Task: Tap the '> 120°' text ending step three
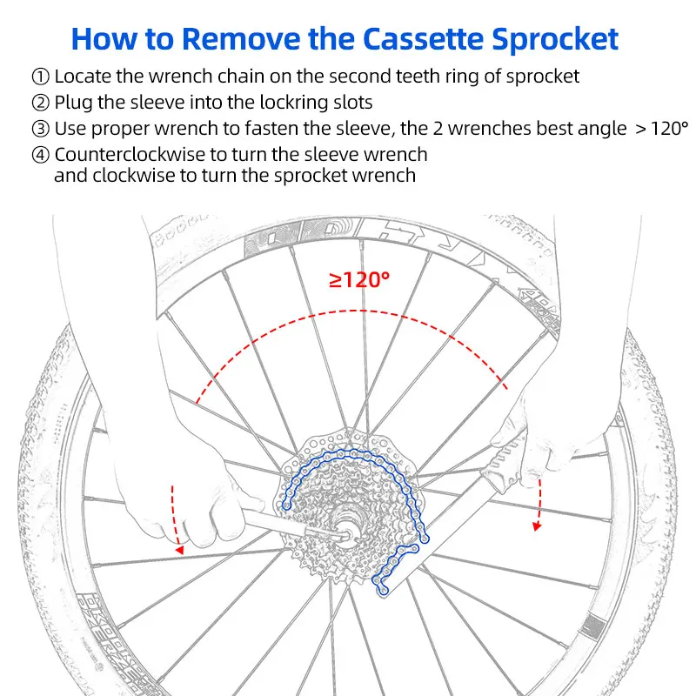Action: pyautogui.click(x=653, y=130)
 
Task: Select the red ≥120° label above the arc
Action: pyautogui.click(x=358, y=280)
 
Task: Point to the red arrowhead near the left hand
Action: pyautogui.click(x=179, y=548)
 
